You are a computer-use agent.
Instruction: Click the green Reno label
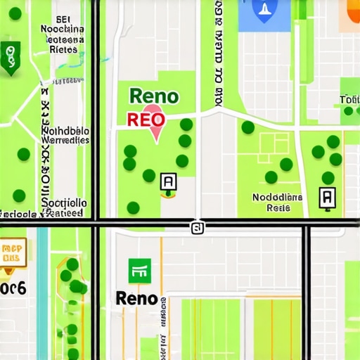point(154,97)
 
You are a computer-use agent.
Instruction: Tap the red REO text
point(146,120)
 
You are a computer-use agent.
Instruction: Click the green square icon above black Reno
point(139,269)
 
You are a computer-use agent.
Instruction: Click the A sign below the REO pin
point(169,183)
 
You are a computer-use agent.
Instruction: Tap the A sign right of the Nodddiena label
point(328,198)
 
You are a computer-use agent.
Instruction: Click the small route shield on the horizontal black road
point(198,227)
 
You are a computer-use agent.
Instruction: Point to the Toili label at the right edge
point(349,100)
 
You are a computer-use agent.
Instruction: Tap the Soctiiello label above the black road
point(65,207)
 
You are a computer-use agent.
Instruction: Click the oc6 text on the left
point(13,288)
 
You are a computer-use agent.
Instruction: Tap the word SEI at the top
point(63,19)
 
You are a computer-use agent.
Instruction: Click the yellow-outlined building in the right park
point(275,144)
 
